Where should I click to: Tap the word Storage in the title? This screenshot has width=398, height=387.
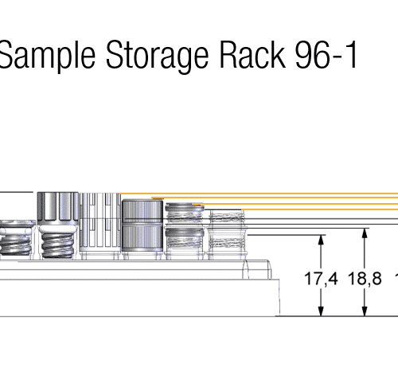tap(157, 57)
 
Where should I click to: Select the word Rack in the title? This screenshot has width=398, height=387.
tap(253, 54)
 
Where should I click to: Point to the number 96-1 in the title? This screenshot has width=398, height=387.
tap(326, 55)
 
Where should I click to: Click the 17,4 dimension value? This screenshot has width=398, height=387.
tap(321, 279)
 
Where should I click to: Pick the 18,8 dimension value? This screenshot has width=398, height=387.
tap(365, 279)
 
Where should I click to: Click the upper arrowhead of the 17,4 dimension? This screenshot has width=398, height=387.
tap(321, 240)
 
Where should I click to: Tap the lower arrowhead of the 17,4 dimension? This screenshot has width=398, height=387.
tap(321, 311)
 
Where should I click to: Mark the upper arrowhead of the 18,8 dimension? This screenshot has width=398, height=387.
tap(365, 233)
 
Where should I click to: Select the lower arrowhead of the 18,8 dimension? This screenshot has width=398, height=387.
tap(365, 311)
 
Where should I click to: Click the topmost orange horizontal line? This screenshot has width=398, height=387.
tap(259, 193)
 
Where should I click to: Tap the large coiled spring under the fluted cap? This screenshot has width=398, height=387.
tap(57, 242)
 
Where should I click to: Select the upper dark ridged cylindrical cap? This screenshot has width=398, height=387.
tap(142, 210)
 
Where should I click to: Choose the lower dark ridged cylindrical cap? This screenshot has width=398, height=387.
tap(142, 237)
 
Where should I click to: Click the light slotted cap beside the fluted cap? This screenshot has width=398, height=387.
tap(100, 222)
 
